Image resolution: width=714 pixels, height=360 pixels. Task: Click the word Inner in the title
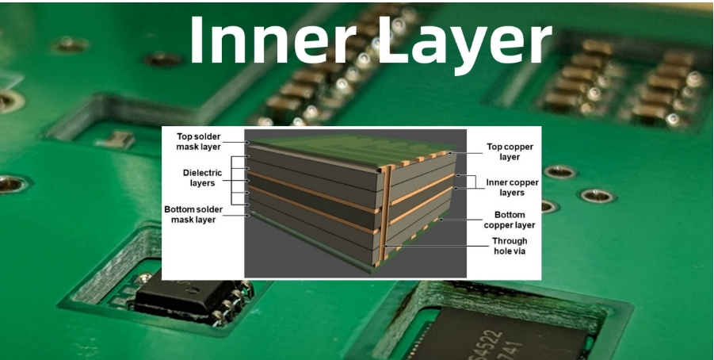(x=273, y=40)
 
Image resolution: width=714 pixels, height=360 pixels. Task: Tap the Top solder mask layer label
(x=199, y=142)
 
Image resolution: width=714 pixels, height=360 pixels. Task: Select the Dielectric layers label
(x=203, y=178)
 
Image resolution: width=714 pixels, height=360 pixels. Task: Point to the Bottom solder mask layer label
(x=193, y=214)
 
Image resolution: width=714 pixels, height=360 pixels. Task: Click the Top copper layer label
(x=510, y=151)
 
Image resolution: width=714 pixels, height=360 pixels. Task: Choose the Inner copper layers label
(x=512, y=187)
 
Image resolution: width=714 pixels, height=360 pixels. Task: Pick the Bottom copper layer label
(x=510, y=220)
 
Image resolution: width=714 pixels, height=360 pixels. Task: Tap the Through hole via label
(x=510, y=246)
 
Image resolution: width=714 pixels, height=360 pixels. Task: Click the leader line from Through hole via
(x=437, y=246)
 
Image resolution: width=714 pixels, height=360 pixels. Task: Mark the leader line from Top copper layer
(x=468, y=153)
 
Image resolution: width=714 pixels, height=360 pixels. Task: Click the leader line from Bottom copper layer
(x=462, y=220)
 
